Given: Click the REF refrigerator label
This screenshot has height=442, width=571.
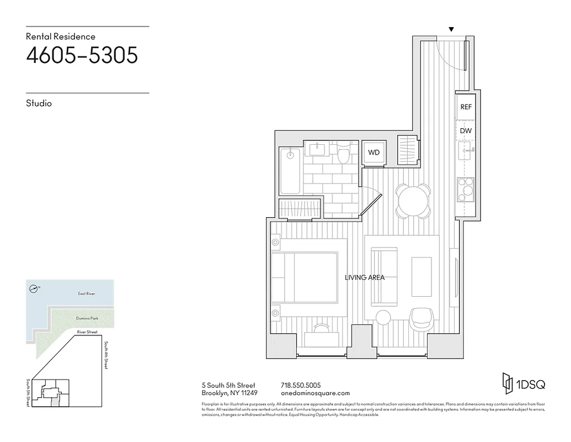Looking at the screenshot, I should (466, 107).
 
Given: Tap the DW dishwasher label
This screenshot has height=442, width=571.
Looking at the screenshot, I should (466, 131).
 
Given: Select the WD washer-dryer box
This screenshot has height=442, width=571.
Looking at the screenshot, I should (374, 152).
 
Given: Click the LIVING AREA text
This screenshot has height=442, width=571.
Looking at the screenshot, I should (365, 277).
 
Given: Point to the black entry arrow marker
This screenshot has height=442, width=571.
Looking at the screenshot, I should (452, 29).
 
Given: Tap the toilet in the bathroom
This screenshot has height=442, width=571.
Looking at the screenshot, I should (343, 153).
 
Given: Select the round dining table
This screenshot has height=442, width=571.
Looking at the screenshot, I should (413, 201).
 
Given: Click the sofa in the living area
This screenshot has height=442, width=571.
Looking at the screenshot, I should (384, 277).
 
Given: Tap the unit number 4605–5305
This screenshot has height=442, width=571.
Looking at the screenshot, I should (82, 56).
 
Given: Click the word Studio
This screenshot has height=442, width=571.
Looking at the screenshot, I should (39, 103).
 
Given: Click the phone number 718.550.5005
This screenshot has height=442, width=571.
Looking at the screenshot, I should (301, 385).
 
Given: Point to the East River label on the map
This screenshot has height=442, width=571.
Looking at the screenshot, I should (87, 294).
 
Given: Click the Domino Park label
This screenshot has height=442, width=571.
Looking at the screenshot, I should (86, 319).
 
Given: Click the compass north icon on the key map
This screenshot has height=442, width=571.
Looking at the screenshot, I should (34, 288).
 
